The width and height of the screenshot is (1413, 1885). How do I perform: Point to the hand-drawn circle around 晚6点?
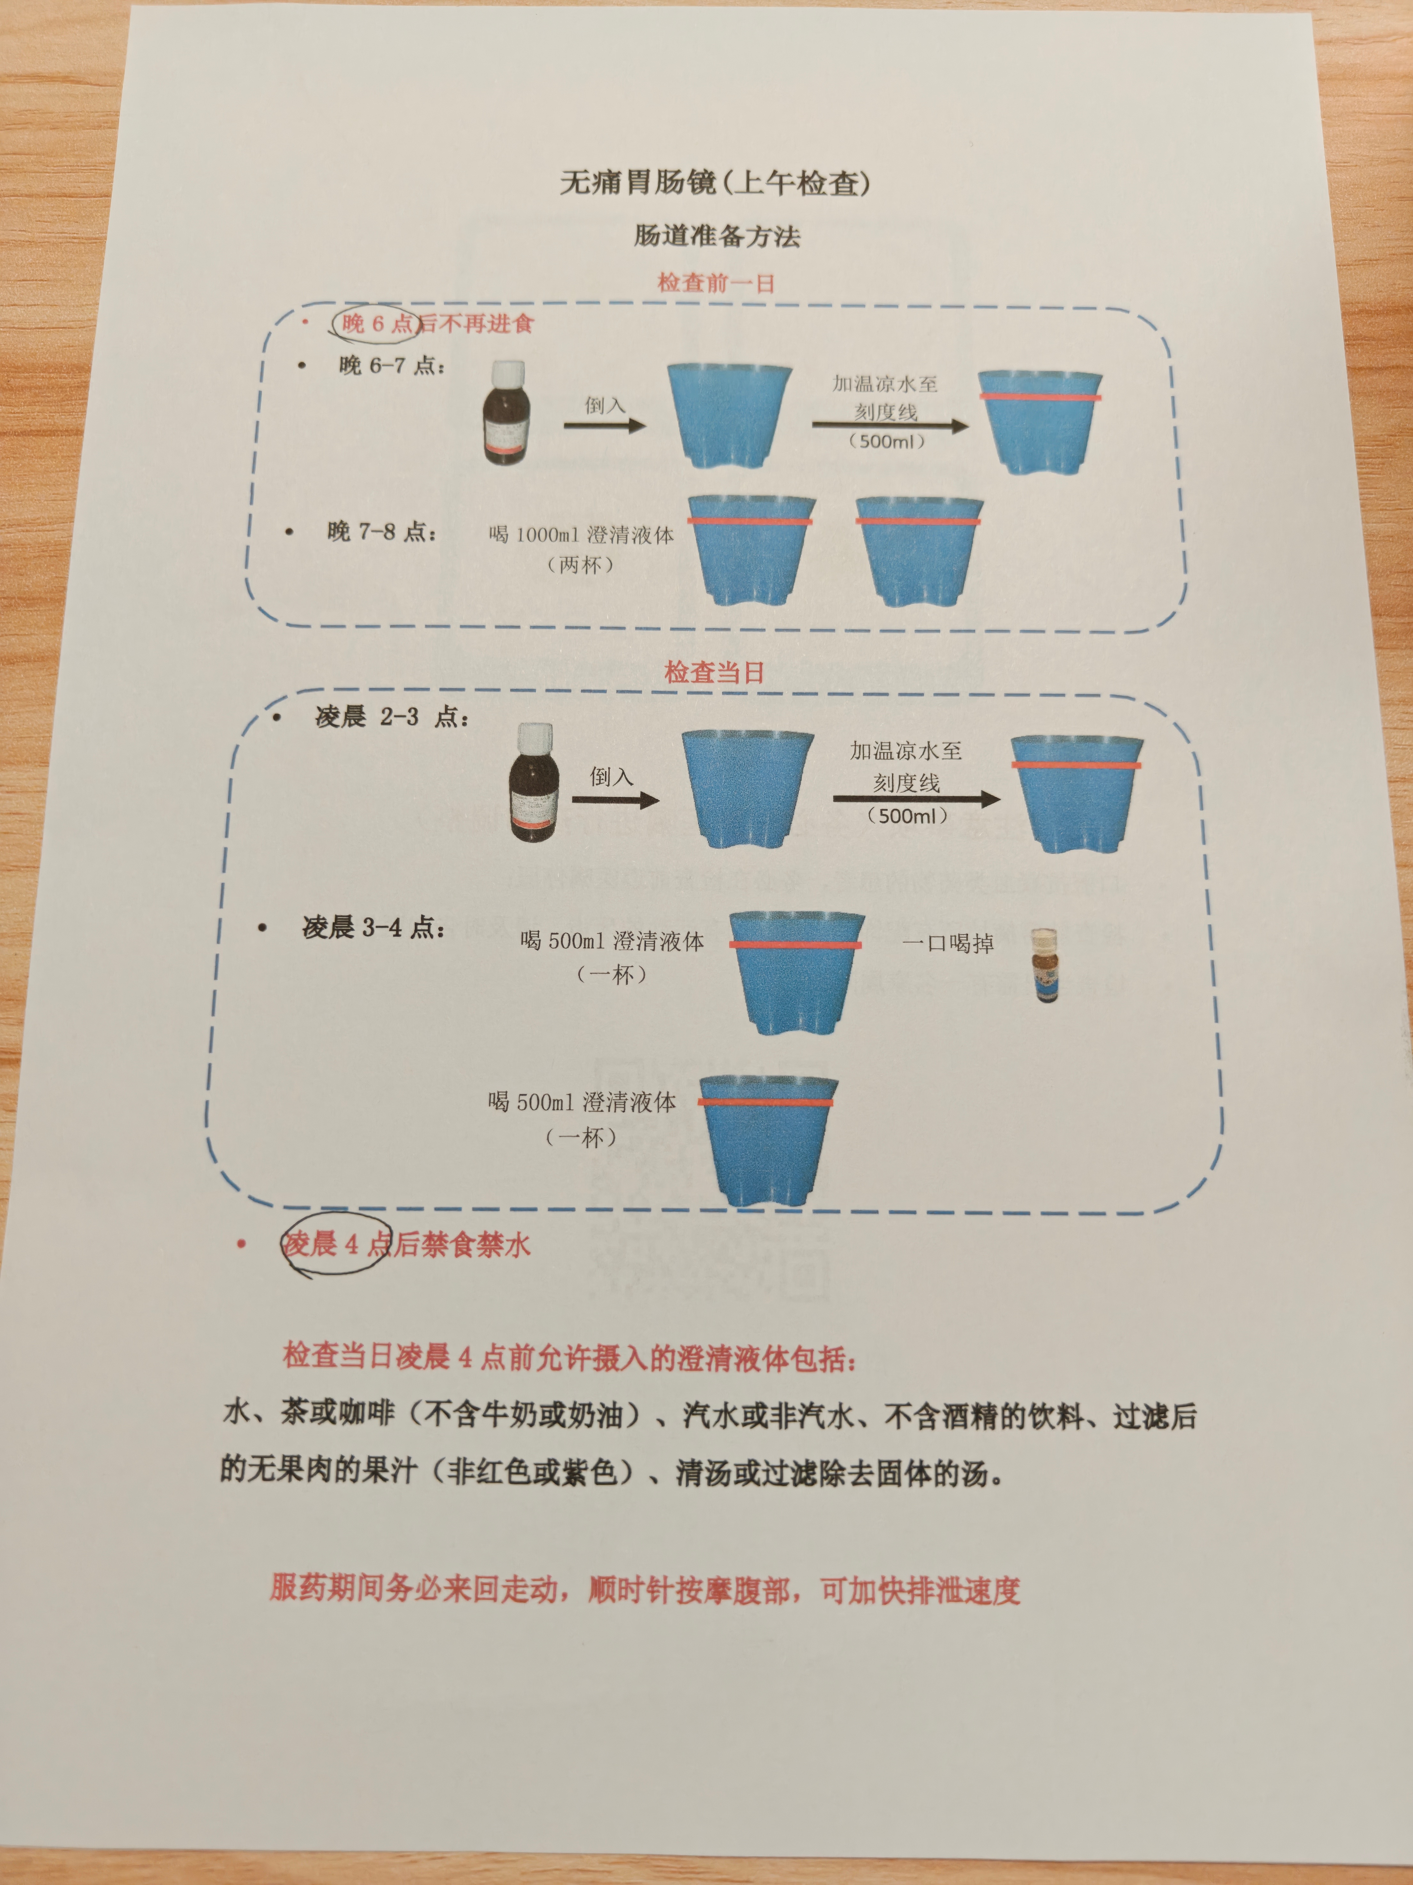tap(375, 323)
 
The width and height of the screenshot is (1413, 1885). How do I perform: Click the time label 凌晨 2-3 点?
tap(392, 717)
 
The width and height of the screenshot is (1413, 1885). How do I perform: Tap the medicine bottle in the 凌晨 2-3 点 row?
tap(534, 782)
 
